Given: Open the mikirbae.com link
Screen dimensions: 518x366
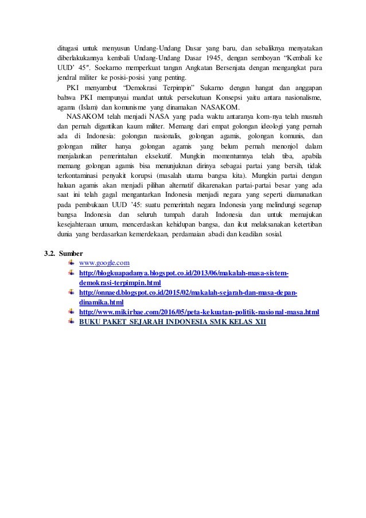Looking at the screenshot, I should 198,311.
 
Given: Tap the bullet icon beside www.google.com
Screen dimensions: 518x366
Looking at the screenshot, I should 71,263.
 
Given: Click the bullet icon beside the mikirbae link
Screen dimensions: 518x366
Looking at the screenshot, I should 71,311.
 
